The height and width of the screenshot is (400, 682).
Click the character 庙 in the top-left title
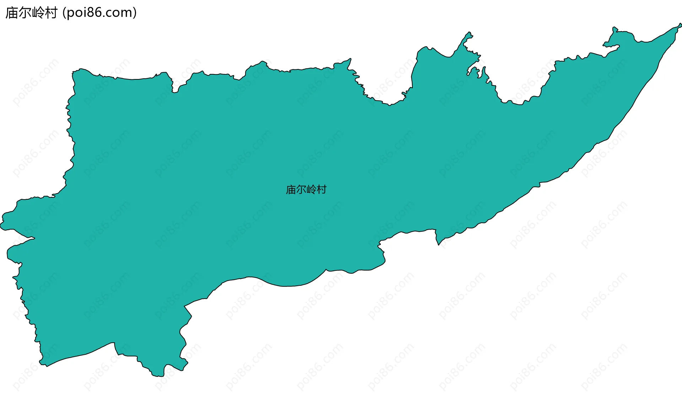(12, 13)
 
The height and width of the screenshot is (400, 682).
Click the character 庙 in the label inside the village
(291, 190)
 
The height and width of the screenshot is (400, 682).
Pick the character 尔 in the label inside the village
(301, 190)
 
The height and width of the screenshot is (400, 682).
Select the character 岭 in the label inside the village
(311, 190)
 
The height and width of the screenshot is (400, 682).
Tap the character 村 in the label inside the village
(321, 190)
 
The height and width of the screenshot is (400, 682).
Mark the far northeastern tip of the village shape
(680, 25)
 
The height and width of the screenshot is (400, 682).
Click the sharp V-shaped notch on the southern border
(439, 244)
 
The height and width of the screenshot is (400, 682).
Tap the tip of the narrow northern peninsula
(470, 33)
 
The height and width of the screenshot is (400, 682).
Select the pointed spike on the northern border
(350, 59)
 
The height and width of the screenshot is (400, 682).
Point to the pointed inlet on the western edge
(33, 238)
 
